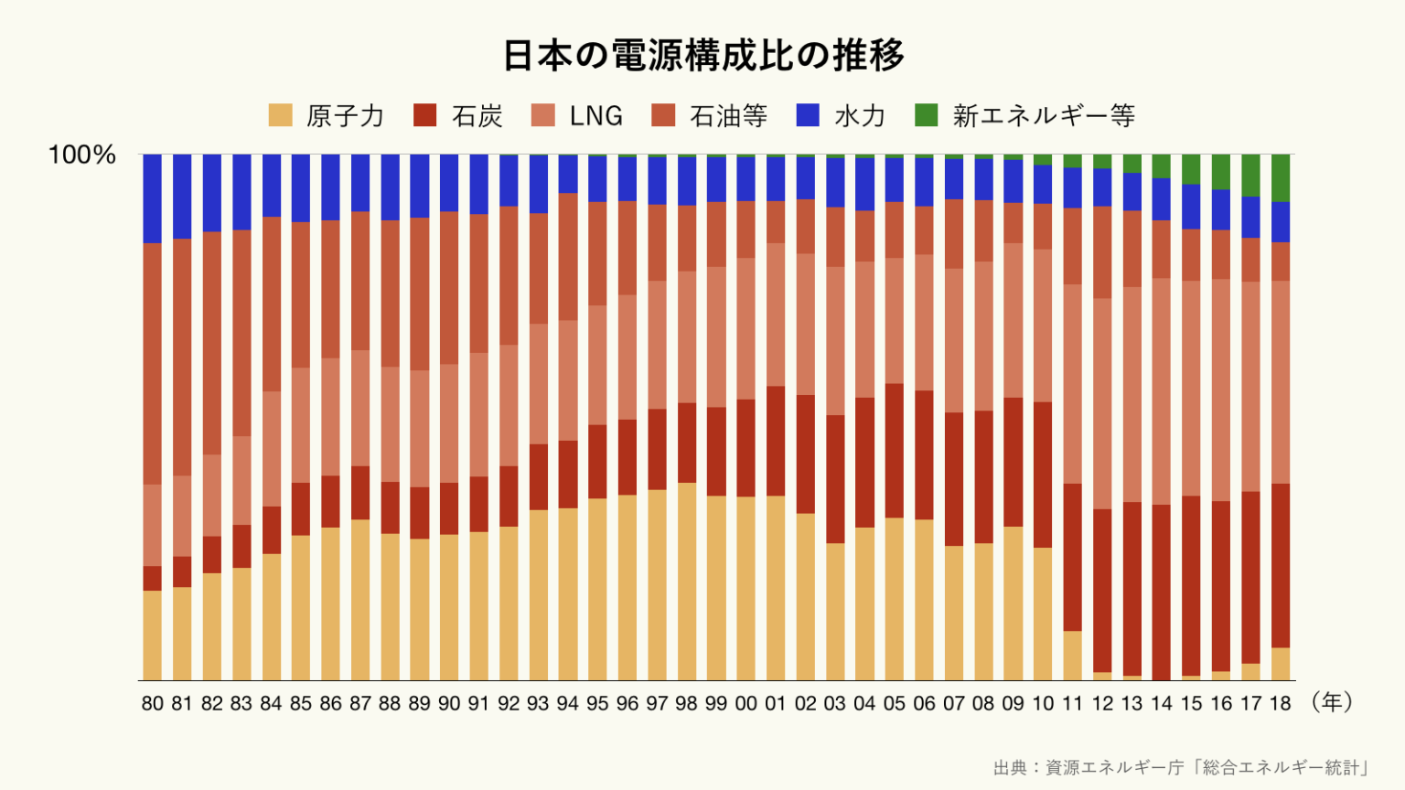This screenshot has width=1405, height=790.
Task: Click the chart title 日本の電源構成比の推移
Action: [x=702, y=56]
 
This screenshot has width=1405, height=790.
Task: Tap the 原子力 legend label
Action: [x=344, y=116]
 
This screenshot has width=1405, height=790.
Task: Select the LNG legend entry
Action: [x=595, y=116]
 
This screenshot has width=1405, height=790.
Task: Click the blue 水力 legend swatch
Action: [x=808, y=115]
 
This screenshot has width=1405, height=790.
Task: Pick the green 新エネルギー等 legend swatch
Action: [x=926, y=115]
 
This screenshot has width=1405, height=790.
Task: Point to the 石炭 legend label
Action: [x=477, y=116]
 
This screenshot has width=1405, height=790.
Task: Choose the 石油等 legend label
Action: [x=728, y=116]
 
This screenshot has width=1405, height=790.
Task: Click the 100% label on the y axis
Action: [x=81, y=155]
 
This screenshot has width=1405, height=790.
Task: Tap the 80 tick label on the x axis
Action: [x=153, y=704]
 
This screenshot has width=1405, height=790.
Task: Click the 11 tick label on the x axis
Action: [x=1072, y=704]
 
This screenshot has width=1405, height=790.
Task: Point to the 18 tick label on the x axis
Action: [x=1280, y=704]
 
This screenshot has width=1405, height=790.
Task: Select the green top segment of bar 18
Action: [x=1281, y=177]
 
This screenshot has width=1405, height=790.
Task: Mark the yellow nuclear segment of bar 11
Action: [x=1072, y=656]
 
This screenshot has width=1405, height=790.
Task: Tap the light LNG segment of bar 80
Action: [x=152, y=525]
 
